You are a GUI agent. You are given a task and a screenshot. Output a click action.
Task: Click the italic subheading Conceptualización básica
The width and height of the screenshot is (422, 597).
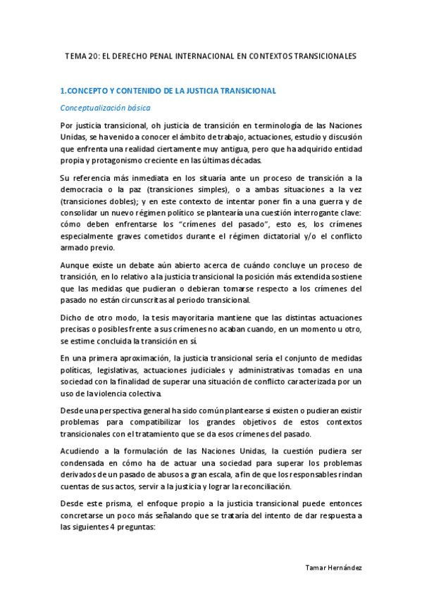105,108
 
